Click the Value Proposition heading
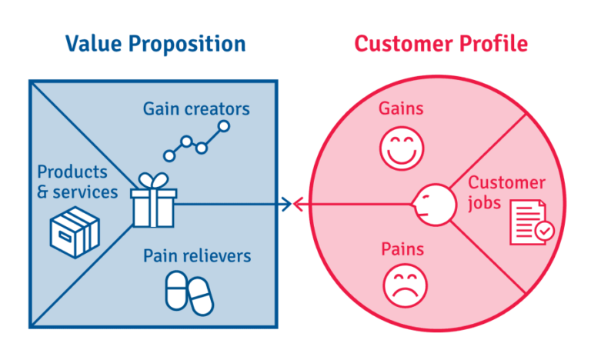155,43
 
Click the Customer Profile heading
441,43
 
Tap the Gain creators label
196,108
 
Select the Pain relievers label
197,255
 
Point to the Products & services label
78,181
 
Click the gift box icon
154,202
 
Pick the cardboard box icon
75,230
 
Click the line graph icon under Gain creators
196,141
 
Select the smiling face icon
401,147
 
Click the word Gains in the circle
401,108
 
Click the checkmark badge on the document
543,230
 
